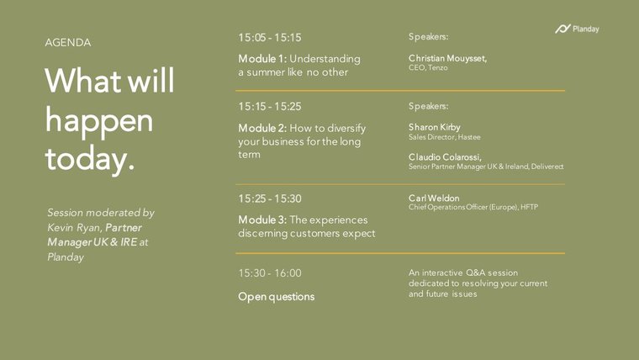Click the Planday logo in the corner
(x=577, y=29)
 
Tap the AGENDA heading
(x=68, y=42)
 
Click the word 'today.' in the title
(x=90, y=158)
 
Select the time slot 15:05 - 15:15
(x=270, y=38)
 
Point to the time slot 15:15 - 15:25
(x=270, y=107)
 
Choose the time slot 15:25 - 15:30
(x=270, y=199)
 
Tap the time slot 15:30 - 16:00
(x=270, y=273)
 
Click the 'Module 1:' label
(x=262, y=59)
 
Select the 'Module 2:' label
(x=262, y=128)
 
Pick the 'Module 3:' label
(x=262, y=220)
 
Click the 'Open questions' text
(x=277, y=297)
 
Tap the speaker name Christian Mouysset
(x=447, y=58)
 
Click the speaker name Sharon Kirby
(x=435, y=127)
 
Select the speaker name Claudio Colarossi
(x=445, y=157)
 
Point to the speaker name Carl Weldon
(x=434, y=199)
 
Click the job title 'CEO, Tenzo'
(x=428, y=67)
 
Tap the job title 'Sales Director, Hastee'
(x=445, y=137)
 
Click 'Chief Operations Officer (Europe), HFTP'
(x=473, y=207)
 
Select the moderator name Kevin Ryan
(x=73, y=227)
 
